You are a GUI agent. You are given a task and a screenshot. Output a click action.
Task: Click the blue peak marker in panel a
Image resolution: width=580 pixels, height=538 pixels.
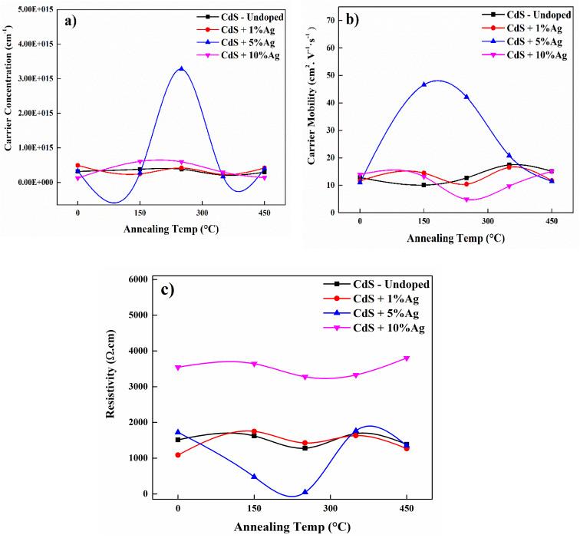181,68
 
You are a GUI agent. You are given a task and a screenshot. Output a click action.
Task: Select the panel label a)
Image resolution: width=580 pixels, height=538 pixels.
75,21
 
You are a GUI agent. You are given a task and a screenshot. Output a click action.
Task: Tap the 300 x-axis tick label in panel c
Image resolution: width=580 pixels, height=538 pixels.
330,507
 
